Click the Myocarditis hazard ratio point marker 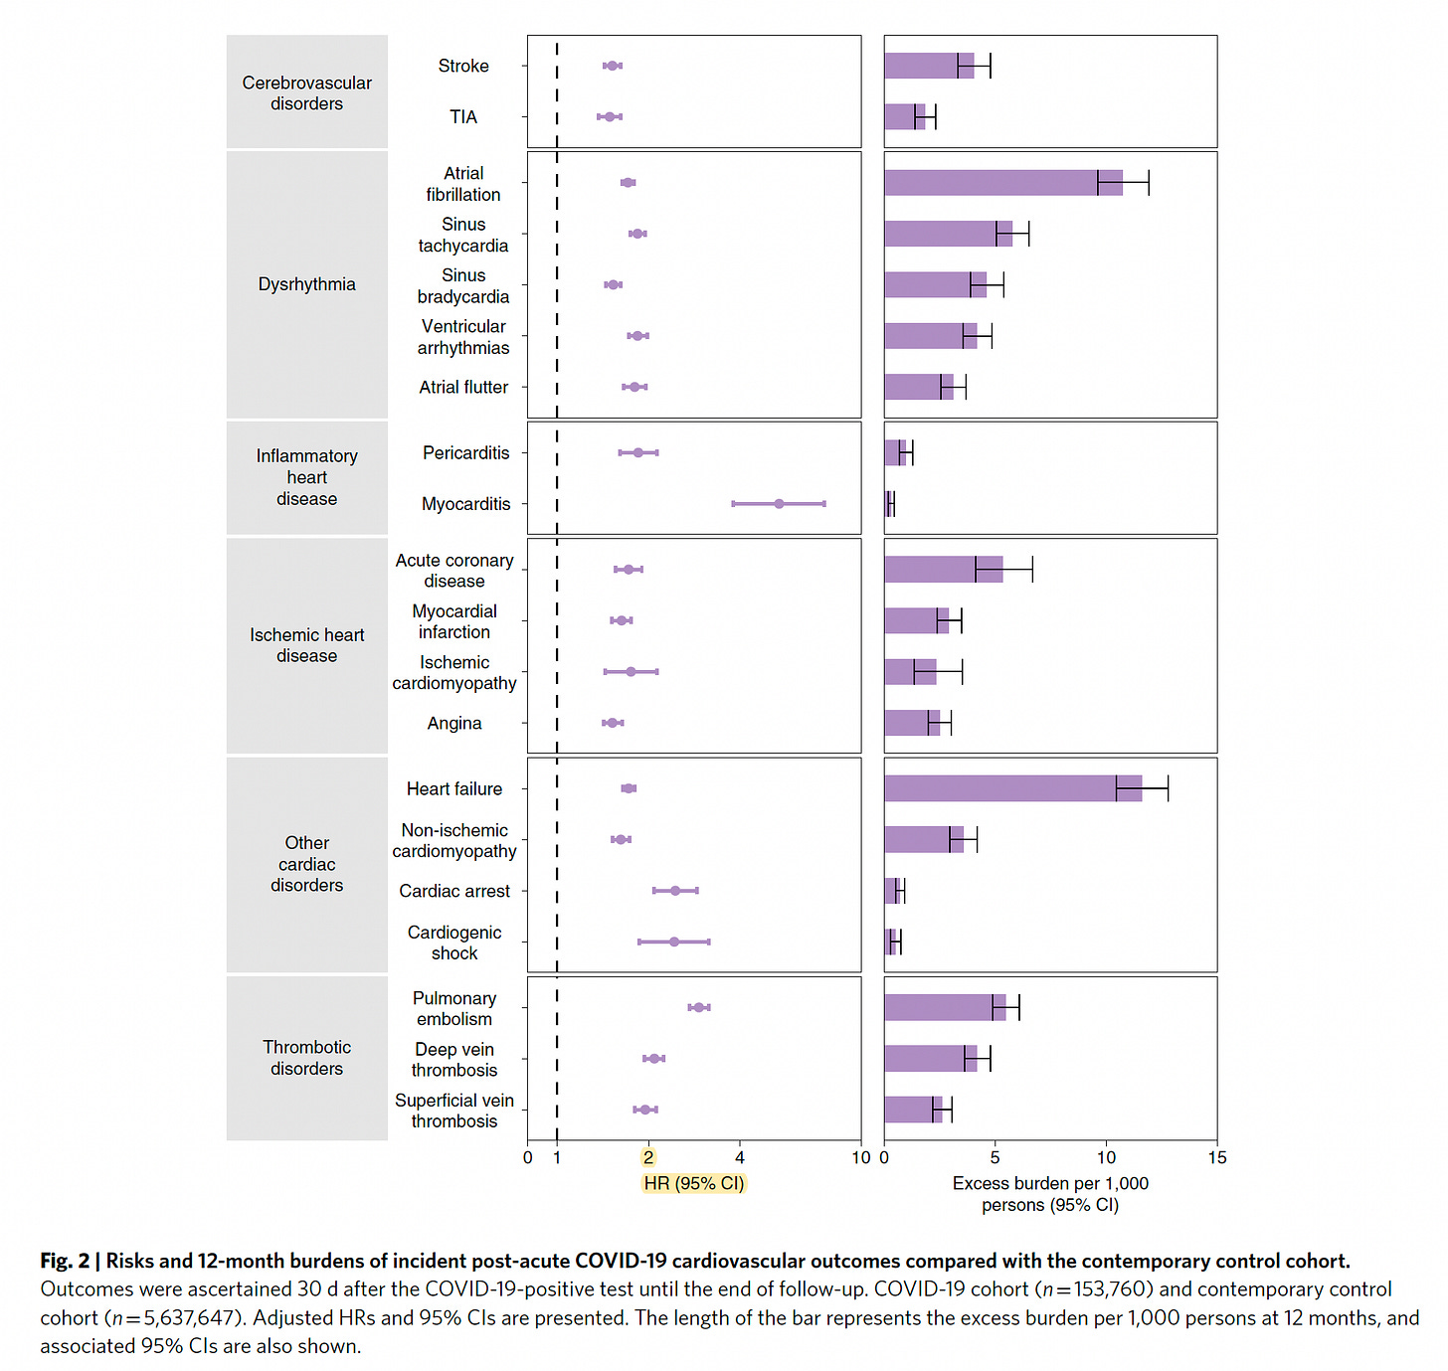point(779,504)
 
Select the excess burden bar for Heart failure point(1012,788)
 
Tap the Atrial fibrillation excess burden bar point(1002,183)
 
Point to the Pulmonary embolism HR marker point(698,1007)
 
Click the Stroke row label point(463,66)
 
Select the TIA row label point(463,117)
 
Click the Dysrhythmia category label point(306,284)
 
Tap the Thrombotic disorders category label point(306,1058)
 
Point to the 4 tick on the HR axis point(739,1157)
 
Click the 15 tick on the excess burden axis point(1217,1157)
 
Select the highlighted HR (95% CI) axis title point(693,1183)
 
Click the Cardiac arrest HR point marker point(675,891)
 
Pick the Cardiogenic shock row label point(454,943)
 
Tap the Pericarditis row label point(465,453)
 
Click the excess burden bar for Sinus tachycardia point(948,234)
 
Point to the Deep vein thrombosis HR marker point(653,1059)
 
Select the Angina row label point(454,724)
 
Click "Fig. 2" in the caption point(65,1261)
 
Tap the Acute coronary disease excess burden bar point(943,570)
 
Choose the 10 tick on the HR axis point(861,1157)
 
